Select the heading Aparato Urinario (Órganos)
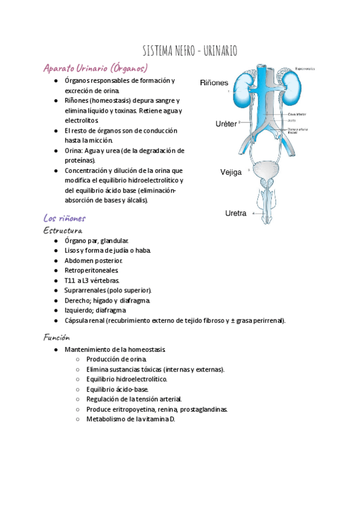pyautogui.click(x=95, y=67)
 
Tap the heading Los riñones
pyautogui.click(x=65, y=218)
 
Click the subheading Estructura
pyautogui.click(x=63, y=230)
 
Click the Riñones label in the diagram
pyautogui.click(x=214, y=82)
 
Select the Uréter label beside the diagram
pyautogui.click(x=226, y=124)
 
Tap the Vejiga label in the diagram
pyautogui.click(x=231, y=172)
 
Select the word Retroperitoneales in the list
pyautogui.click(x=91, y=271)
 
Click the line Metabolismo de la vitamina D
pyautogui.click(x=130, y=419)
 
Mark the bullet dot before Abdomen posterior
pyautogui.click(x=55, y=261)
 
